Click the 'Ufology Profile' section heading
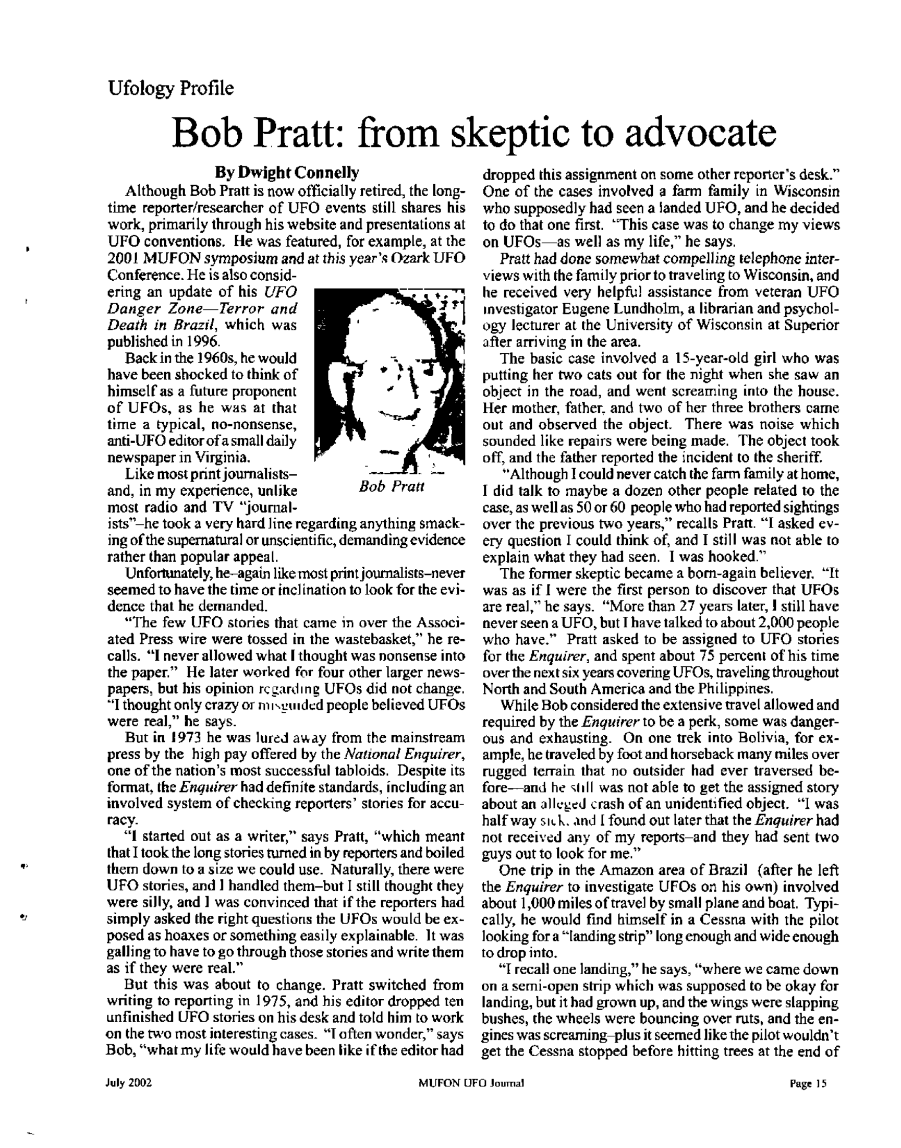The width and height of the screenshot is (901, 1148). click(171, 88)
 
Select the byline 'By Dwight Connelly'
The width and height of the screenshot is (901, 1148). click(286, 173)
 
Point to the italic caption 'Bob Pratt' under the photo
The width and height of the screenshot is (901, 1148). click(392, 486)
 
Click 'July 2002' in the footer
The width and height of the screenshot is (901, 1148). click(129, 1083)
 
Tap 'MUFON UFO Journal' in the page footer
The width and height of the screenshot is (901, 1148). click(470, 1084)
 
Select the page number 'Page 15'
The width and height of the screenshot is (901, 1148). click(807, 1084)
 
